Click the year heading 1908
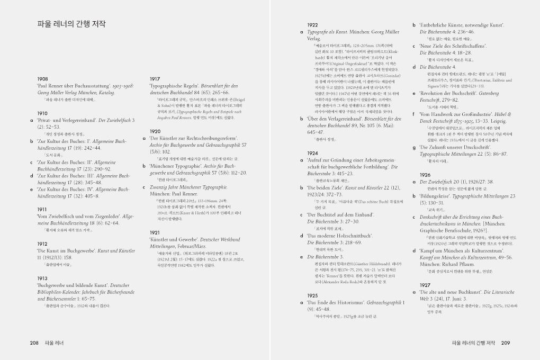[43, 78]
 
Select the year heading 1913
[43, 278]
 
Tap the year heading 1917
[155, 78]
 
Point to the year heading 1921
[155, 232]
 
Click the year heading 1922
[313, 25]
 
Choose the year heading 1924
[313, 153]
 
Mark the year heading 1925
[313, 295]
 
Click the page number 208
[34, 343]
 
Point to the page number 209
[505, 343]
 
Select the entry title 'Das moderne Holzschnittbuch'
[340, 235]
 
